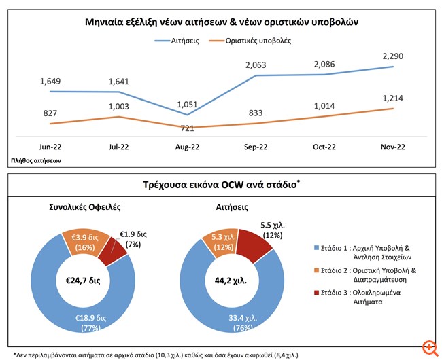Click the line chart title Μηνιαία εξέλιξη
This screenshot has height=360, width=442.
[x=221, y=22]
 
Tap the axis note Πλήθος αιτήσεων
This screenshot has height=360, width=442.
[x=36, y=161]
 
